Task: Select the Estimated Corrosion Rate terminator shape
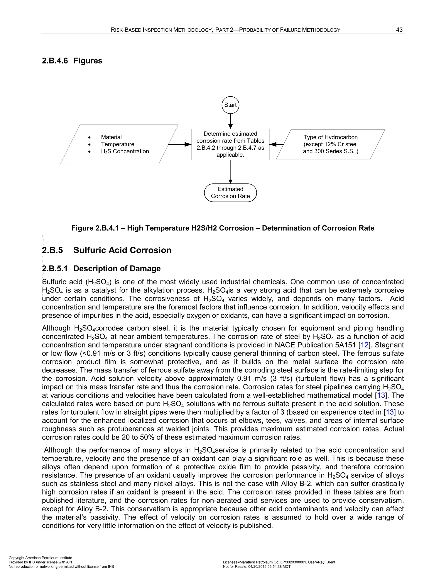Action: [x=230, y=193]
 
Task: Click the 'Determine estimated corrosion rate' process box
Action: [x=230, y=144]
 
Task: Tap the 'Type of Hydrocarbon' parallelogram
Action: [x=330, y=144]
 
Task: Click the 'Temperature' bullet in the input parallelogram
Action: [x=117, y=144]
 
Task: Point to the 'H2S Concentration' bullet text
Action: [x=125, y=151]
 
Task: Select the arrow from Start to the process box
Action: [x=230, y=121]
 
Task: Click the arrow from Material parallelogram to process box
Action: [x=180, y=144]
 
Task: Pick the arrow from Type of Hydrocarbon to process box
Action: [x=276, y=144]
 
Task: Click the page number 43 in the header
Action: [x=399, y=30]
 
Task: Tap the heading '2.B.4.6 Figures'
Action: [x=72, y=61]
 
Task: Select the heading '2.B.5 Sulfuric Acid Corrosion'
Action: [x=106, y=250]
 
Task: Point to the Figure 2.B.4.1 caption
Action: [x=223, y=228]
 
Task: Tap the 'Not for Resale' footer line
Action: [x=257, y=567]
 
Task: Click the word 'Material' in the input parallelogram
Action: [x=111, y=137]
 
